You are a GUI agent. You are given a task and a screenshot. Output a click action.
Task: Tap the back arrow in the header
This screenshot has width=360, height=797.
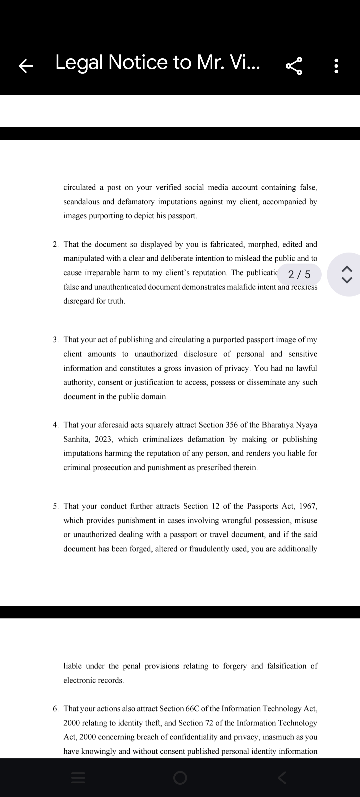tap(26, 66)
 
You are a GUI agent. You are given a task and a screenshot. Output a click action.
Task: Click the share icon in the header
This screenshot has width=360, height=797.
tap(294, 66)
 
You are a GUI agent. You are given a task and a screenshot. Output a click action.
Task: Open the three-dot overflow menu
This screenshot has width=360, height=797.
tap(336, 66)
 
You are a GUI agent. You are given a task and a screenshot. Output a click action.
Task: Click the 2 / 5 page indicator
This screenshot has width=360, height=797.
tap(299, 275)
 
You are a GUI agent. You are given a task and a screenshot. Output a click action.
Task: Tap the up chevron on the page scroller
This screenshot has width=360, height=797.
tap(347, 268)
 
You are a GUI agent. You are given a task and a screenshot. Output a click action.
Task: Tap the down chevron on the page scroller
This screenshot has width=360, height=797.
tap(347, 281)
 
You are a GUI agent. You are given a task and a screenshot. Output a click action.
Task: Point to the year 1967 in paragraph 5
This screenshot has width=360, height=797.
tap(308, 506)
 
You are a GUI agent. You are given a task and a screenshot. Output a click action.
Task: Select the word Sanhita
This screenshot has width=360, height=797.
tap(76, 439)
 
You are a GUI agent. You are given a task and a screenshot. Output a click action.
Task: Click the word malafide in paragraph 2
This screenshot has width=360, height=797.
tap(240, 287)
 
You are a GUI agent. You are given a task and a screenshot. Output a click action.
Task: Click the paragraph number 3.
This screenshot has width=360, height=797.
tap(56, 340)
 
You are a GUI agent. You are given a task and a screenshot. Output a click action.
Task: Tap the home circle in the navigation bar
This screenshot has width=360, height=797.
tap(180, 778)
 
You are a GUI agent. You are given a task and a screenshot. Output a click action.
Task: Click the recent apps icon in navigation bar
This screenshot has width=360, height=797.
tap(78, 778)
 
